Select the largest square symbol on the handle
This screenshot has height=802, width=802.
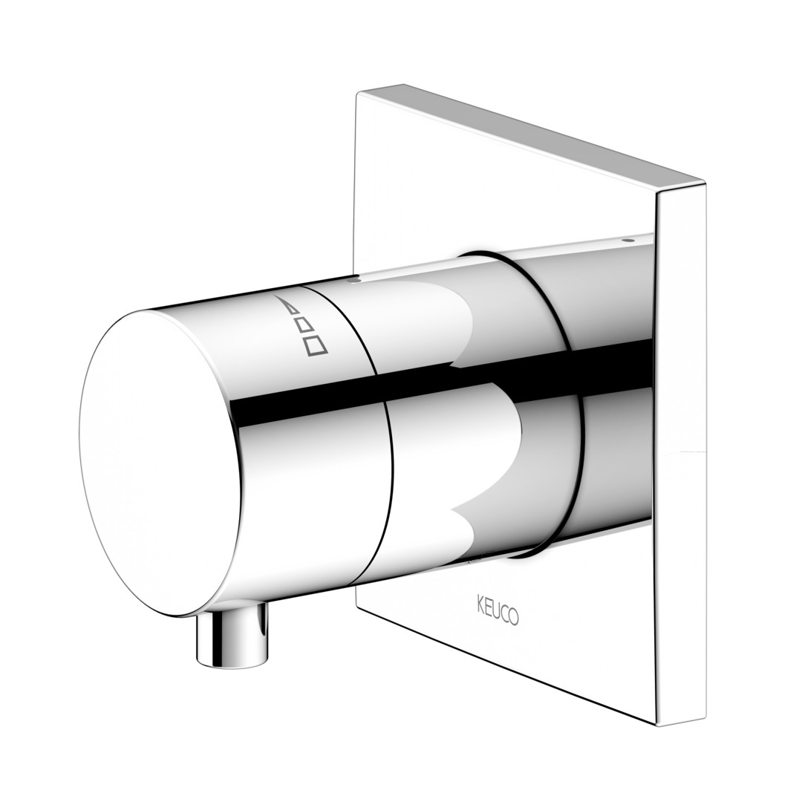(x=316, y=345)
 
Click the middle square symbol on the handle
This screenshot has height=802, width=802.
(x=304, y=325)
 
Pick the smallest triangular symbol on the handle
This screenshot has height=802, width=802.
(x=292, y=308)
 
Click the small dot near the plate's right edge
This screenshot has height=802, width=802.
(x=629, y=239)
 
